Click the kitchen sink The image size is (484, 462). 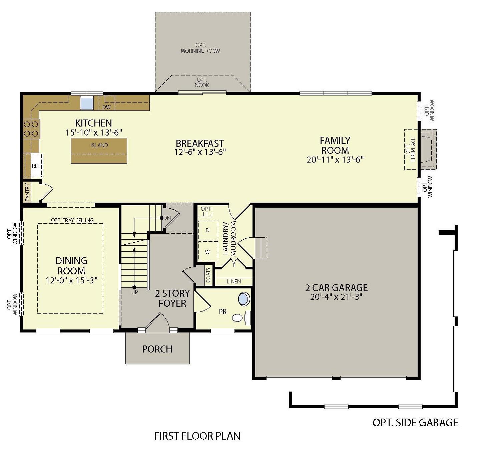[x=87, y=103]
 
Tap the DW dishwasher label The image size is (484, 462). [x=106, y=107]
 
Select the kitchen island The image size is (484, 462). [x=99, y=150]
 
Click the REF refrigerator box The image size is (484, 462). [x=35, y=166]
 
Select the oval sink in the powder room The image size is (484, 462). [x=244, y=299]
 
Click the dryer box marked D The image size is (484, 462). [x=207, y=231]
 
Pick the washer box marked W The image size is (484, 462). [x=207, y=252]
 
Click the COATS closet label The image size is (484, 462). [x=208, y=275]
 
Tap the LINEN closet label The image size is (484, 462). [x=233, y=281]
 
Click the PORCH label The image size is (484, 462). [x=157, y=349]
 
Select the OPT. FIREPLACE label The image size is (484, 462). [x=410, y=150]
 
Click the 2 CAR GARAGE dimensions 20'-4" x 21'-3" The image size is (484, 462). [x=336, y=297]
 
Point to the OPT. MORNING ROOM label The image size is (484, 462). [x=201, y=48]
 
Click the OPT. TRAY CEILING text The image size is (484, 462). [x=72, y=220]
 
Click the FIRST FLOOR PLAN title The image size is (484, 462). [x=197, y=436]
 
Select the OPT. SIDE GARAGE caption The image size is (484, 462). [x=415, y=423]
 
